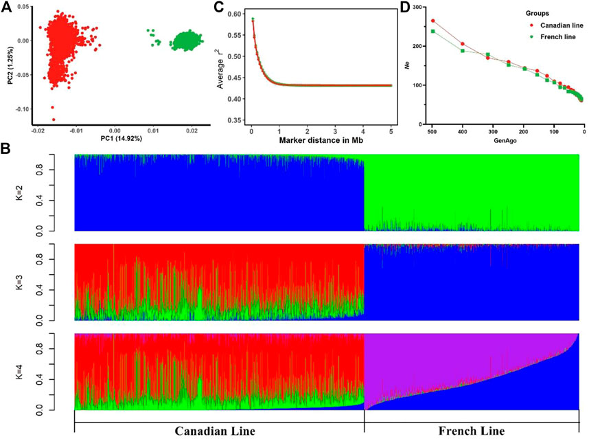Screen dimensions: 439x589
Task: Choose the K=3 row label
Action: coord(47,282)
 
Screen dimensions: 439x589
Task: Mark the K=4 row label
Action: coord(47,372)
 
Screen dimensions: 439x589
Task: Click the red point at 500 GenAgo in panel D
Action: coord(432,21)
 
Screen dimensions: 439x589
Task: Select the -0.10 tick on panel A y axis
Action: coord(21,109)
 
